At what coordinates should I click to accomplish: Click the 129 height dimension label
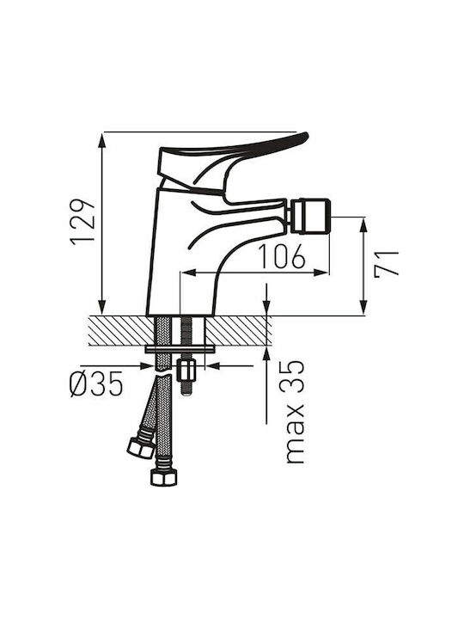tap(82, 222)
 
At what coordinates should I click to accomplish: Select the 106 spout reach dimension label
tap(282, 256)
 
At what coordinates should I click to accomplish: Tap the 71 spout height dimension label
tap(387, 264)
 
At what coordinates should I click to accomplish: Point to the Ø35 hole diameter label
tap(96, 384)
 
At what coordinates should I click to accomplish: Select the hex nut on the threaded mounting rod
tap(186, 369)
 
